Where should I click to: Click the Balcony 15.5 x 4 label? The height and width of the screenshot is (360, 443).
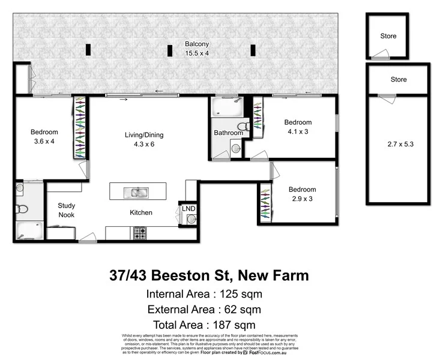[x=196, y=49]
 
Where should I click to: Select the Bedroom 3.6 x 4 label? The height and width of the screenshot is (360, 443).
[x=44, y=136]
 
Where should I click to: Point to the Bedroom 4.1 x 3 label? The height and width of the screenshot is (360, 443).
[x=298, y=127]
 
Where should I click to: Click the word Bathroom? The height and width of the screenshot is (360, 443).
[x=228, y=133]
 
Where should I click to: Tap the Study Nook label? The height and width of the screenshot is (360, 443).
[x=67, y=210]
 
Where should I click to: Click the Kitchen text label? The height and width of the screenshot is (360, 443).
[x=141, y=212]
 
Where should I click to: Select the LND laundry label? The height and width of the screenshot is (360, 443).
[x=190, y=208]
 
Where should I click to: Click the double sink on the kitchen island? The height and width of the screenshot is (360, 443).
[x=137, y=193]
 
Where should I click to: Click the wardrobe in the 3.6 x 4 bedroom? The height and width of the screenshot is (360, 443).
[x=80, y=128]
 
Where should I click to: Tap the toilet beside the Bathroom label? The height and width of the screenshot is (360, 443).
[x=243, y=126]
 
